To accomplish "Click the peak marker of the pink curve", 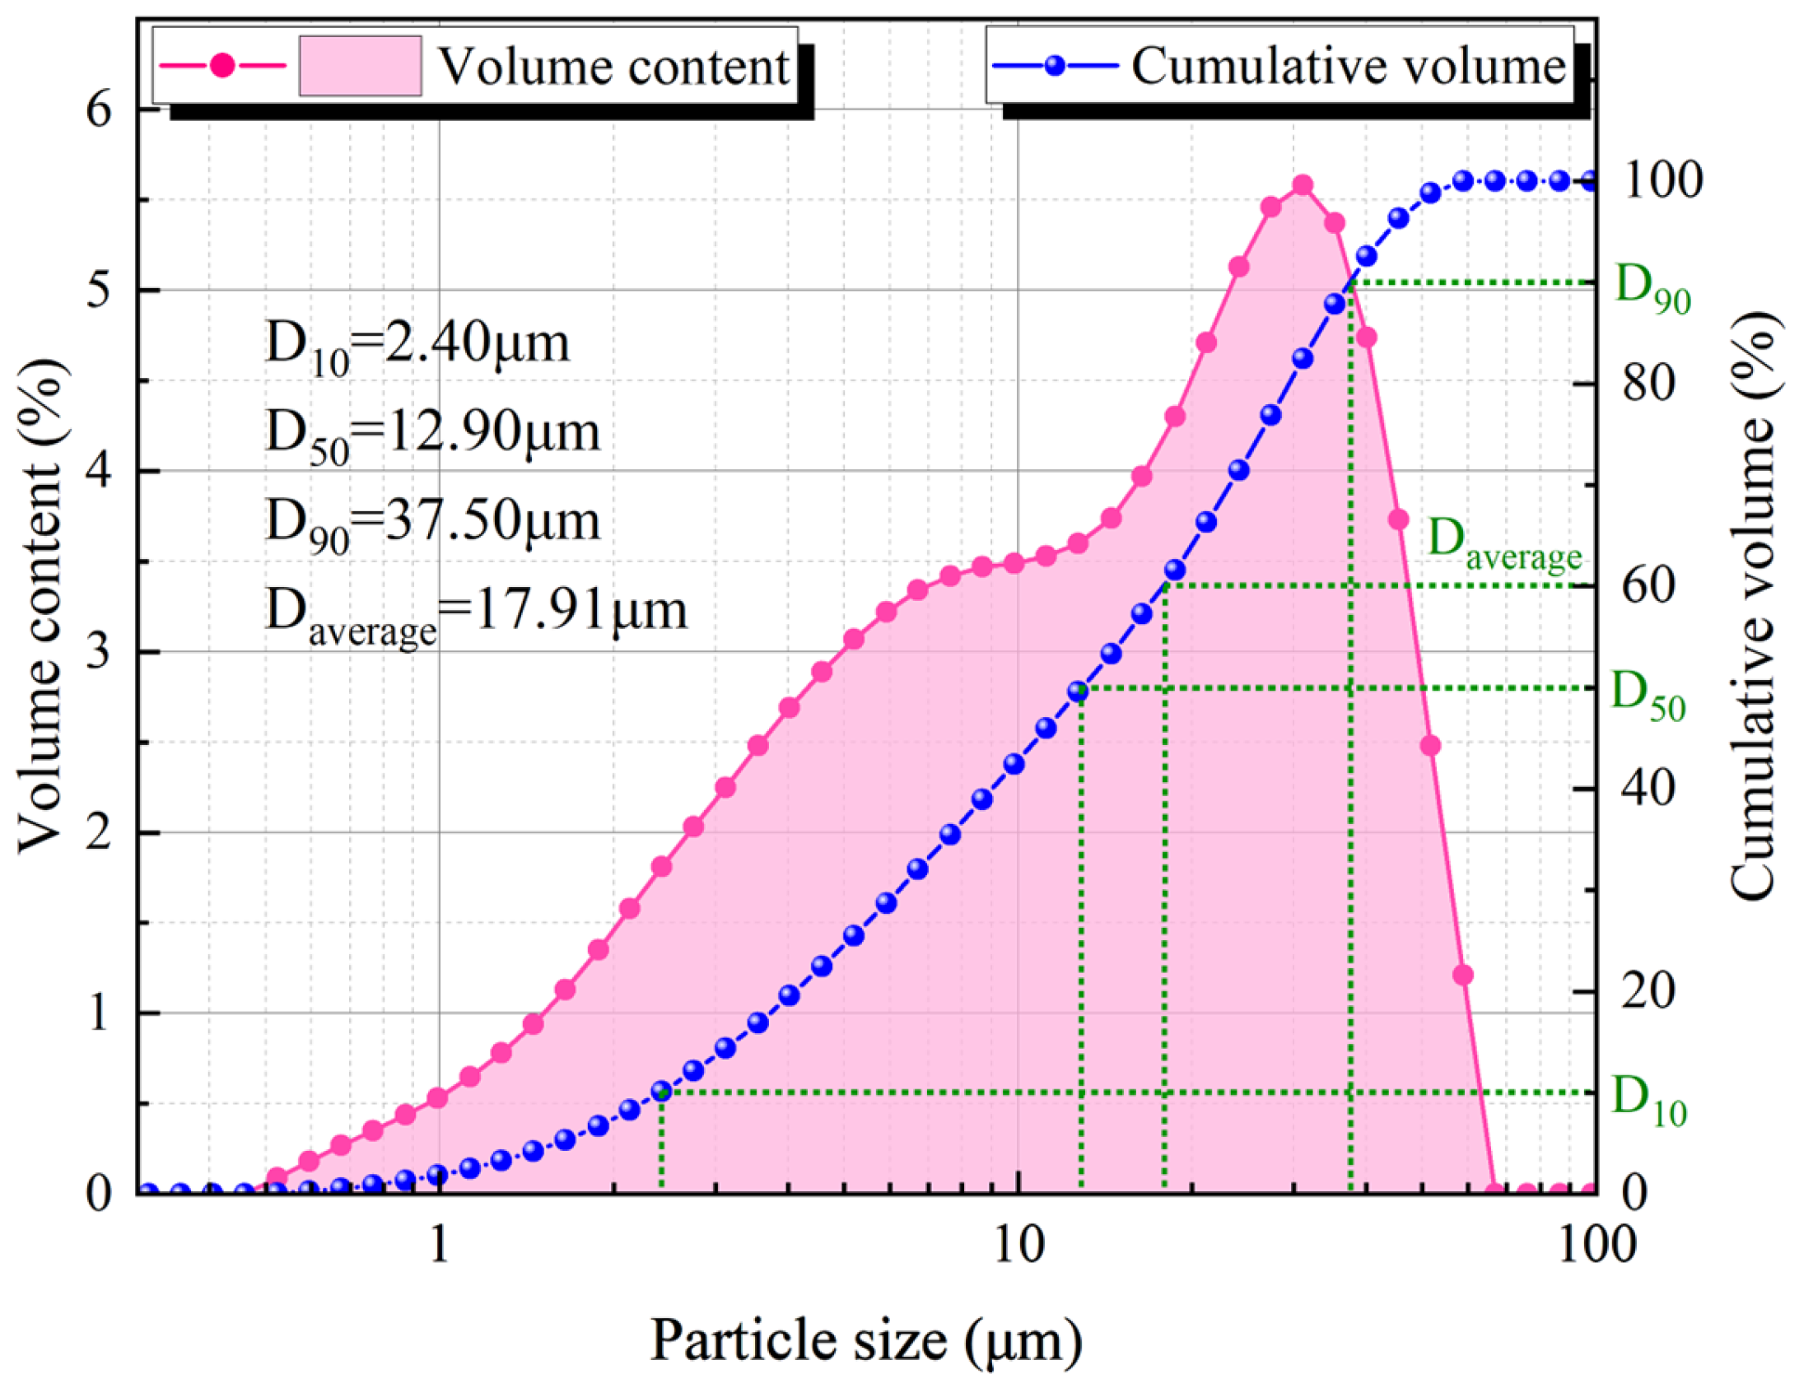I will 1303,185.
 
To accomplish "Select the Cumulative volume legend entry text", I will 1348,66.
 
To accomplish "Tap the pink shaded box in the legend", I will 360,66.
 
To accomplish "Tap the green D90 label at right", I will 1652,288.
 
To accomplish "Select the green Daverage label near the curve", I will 1504,543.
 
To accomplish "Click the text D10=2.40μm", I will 417,346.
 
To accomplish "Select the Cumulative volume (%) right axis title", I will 1750,605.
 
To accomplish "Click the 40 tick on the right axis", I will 1648,789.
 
